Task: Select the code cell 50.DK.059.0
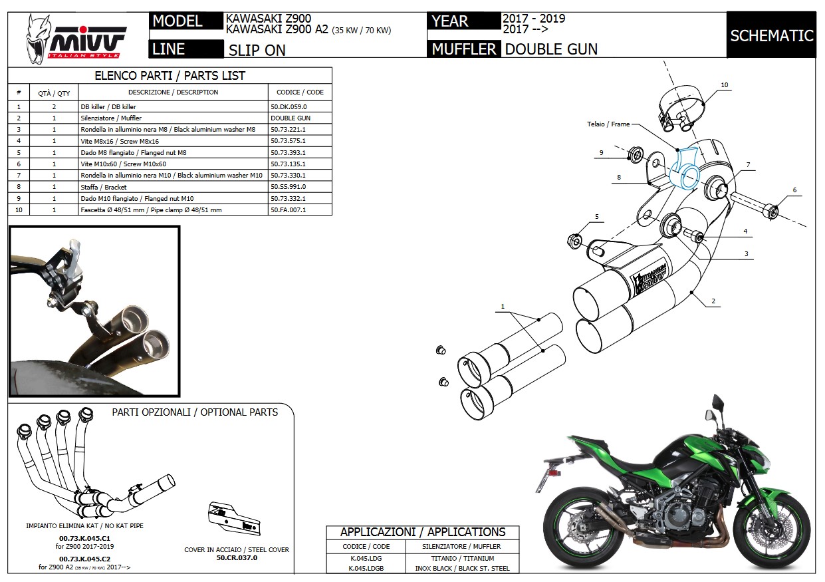point(289,106)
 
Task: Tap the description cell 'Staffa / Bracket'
point(104,187)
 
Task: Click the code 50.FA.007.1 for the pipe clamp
point(288,210)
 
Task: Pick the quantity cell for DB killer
point(54,106)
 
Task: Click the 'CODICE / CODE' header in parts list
point(300,92)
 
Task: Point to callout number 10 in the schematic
point(724,84)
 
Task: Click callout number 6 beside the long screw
point(794,190)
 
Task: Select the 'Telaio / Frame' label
point(608,124)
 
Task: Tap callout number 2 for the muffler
point(713,301)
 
